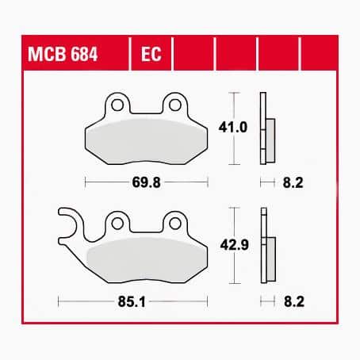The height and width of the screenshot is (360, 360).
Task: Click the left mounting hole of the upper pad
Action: pyautogui.click(x=117, y=104)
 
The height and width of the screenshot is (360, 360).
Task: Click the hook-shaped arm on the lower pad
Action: pyautogui.click(x=69, y=226)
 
